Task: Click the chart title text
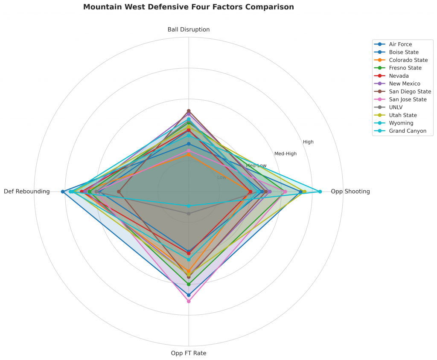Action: click(188, 7)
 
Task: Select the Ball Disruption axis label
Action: click(189, 29)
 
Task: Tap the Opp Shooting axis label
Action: click(350, 192)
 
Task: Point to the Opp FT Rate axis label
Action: click(189, 353)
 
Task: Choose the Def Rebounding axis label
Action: click(26, 192)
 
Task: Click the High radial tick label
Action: click(308, 142)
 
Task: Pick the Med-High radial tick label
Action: click(285, 154)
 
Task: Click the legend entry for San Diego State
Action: click(410, 91)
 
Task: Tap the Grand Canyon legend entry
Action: click(408, 131)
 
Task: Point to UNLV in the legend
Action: click(396, 107)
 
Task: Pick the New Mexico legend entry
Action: click(404, 84)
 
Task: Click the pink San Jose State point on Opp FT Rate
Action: click(189, 301)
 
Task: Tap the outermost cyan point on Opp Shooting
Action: click(320, 192)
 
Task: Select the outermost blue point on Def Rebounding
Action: click(63, 192)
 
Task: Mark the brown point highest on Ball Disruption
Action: click(189, 111)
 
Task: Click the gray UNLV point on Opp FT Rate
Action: click(189, 213)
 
